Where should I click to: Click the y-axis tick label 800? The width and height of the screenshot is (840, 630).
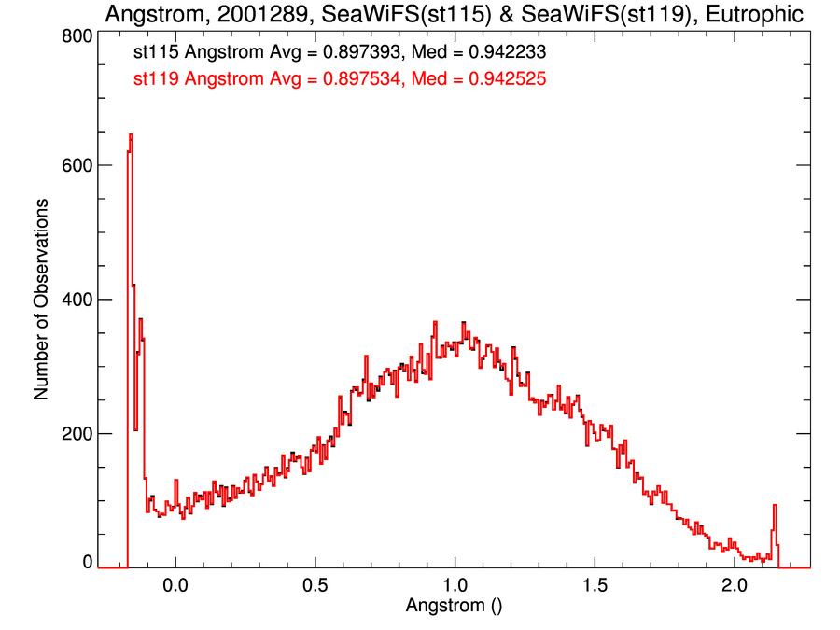tap(76, 35)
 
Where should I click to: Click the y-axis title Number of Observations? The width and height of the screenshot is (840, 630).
tap(42, 300)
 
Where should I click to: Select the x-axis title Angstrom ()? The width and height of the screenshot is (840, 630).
tap(455, 605)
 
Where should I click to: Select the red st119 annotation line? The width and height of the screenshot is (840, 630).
tap(340, 79)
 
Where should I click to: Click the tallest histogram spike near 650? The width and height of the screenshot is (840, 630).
tap(131, 136)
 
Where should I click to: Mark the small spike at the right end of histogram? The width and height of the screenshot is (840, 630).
tap(775, 508)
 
